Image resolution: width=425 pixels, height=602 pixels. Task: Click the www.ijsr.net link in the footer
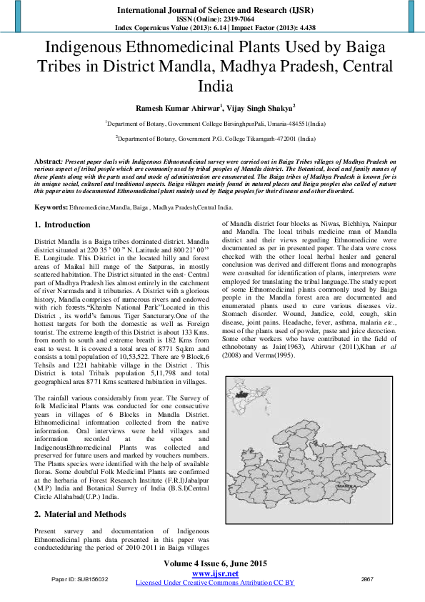tap(215, 573)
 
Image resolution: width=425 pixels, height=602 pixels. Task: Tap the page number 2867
tap(368, 578)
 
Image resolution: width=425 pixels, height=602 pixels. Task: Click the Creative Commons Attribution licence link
tap(215, 583)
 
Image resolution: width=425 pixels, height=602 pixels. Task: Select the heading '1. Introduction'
tap(63, 224)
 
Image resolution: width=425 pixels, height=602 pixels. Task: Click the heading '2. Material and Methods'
tap(81, 514)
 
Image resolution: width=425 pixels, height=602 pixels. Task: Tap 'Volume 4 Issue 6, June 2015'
tap(215, 564)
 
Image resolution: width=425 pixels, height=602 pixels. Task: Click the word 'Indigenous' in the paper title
tap(91, 49)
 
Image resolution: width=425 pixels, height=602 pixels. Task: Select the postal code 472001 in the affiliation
tap(275, 139)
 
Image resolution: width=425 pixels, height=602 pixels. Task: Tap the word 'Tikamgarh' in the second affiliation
tap(246, 139)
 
